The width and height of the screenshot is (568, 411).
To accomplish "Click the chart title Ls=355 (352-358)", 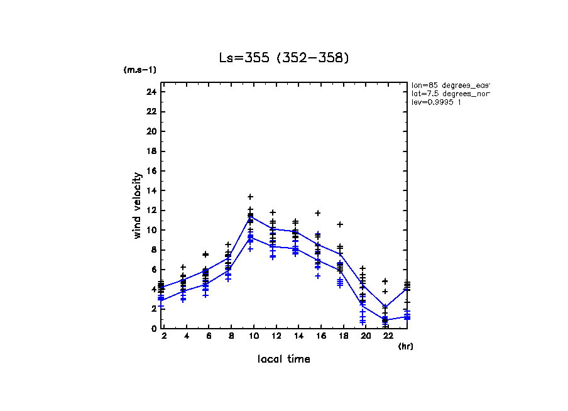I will click(283, 58).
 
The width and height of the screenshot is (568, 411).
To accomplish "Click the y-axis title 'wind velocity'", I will click(137, 205).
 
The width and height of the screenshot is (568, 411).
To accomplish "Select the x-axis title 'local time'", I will click(283, 359).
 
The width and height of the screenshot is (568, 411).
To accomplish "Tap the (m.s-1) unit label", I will click(140, 70).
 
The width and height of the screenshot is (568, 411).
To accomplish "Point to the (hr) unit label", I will click(406, 346).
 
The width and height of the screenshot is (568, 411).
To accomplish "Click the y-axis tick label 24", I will click(151, 92).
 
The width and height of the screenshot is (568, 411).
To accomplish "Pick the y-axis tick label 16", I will click(151, 171).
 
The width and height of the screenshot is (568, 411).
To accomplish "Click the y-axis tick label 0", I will click(153, 328).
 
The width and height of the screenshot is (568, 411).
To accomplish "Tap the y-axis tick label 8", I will click(153, 249).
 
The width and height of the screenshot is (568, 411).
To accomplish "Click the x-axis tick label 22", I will click(385, 337).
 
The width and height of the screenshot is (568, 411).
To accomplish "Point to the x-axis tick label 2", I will click(163, 337).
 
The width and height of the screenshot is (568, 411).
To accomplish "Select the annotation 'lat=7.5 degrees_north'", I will click(450, 94).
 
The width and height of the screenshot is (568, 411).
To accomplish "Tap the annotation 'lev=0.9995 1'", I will click(436, 102).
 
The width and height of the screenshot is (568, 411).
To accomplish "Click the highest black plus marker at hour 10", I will click(250, 197).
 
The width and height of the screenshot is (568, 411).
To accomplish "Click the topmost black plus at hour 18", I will click(340, 224).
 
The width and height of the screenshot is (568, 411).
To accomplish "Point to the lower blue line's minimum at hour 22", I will click(385, 320).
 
